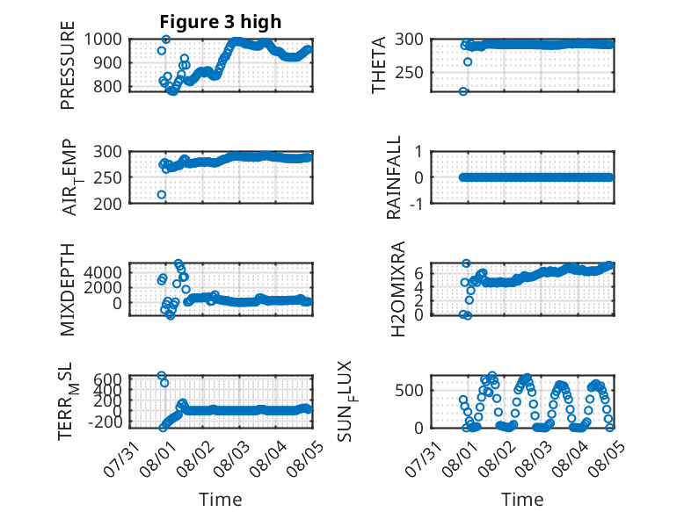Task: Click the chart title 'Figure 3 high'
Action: (x=221, y=22)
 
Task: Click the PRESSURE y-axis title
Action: (x=68, y=65)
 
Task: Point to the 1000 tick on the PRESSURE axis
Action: (x=103, y=40)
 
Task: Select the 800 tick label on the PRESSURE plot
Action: (x=108, y=86)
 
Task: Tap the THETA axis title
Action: (x=379, y=65)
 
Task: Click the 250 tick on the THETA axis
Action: (x=409, y=72)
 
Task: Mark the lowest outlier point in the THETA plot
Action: (x=463, y=91)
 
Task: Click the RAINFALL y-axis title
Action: (x=394, y=177)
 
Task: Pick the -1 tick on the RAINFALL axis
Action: (x=417, y=203)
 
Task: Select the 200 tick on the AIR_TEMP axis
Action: (x=108, y=204)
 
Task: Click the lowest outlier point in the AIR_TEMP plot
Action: (x=162, y=194)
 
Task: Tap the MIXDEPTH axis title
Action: (x=68, y=290)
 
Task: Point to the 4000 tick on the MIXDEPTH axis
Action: (x=103, y=273)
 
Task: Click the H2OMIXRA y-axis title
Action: (x=398, y=289)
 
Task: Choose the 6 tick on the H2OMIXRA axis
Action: (x=418, y=273)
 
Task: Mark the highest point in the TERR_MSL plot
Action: (x=162, y=375)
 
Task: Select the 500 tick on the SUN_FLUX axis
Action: (x=409, y=390)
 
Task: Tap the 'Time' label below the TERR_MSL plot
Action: (x=221, y=499)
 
